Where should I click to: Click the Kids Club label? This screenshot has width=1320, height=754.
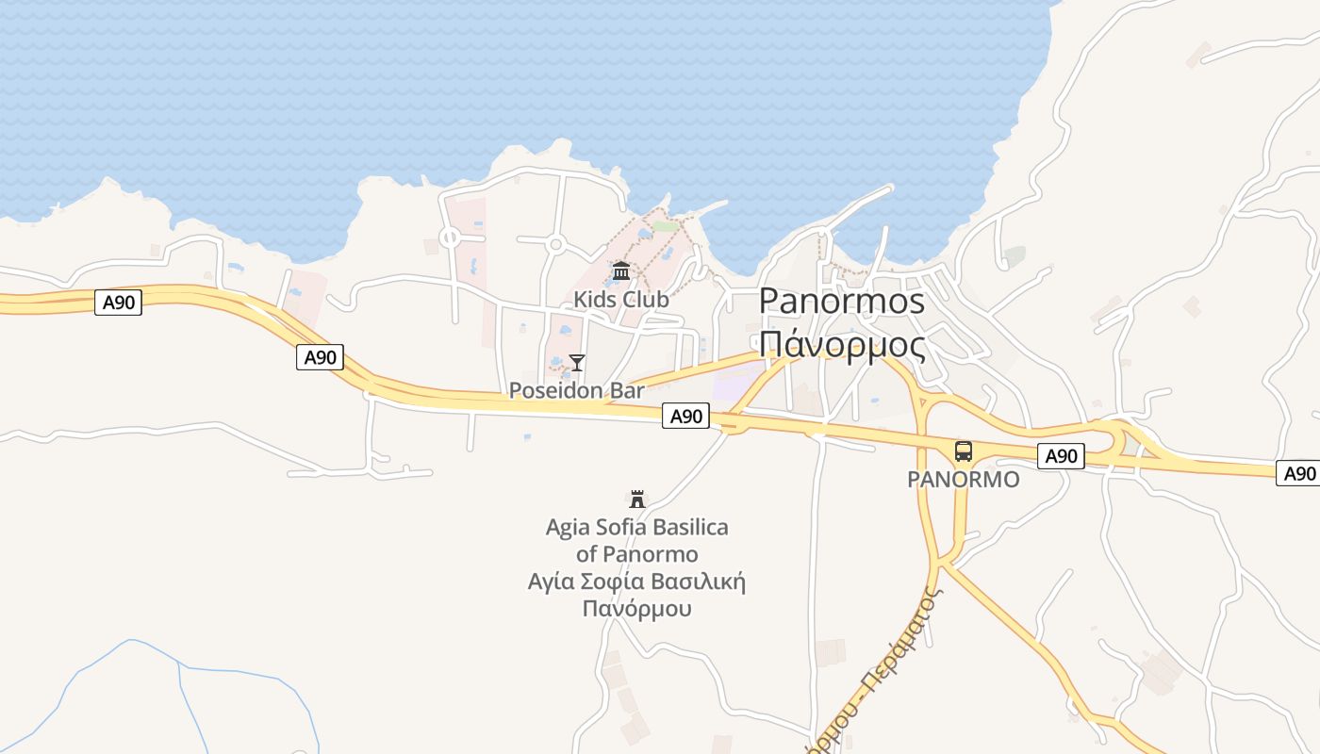click(x=621, y=300)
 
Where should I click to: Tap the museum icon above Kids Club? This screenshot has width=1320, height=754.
click(x=621, y=272)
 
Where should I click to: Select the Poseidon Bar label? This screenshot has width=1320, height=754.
click(x=576, y=390)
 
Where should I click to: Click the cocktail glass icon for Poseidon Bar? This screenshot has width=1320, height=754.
click(x=577, y=363)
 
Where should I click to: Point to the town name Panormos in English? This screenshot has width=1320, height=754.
click(x=841, y=301)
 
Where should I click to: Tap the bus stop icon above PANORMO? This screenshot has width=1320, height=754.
click(x=963, y=451)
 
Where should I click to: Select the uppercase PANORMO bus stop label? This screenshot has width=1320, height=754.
click(x=963, y=480)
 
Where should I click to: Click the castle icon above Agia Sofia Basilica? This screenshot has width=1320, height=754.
click(x=637, y=499)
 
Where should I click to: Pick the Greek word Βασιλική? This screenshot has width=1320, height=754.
click(x=701, y=582)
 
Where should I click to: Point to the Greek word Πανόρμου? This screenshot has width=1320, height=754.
click(x=636, y=609)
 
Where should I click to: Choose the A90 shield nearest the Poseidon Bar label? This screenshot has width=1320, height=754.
click(x=685, y=416)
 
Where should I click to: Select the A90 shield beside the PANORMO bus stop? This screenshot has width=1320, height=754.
click(x=1061, y=456)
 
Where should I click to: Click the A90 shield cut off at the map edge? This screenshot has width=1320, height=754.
click(x=1299, y=473)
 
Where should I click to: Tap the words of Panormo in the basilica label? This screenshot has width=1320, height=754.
click(x=637, y=554)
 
